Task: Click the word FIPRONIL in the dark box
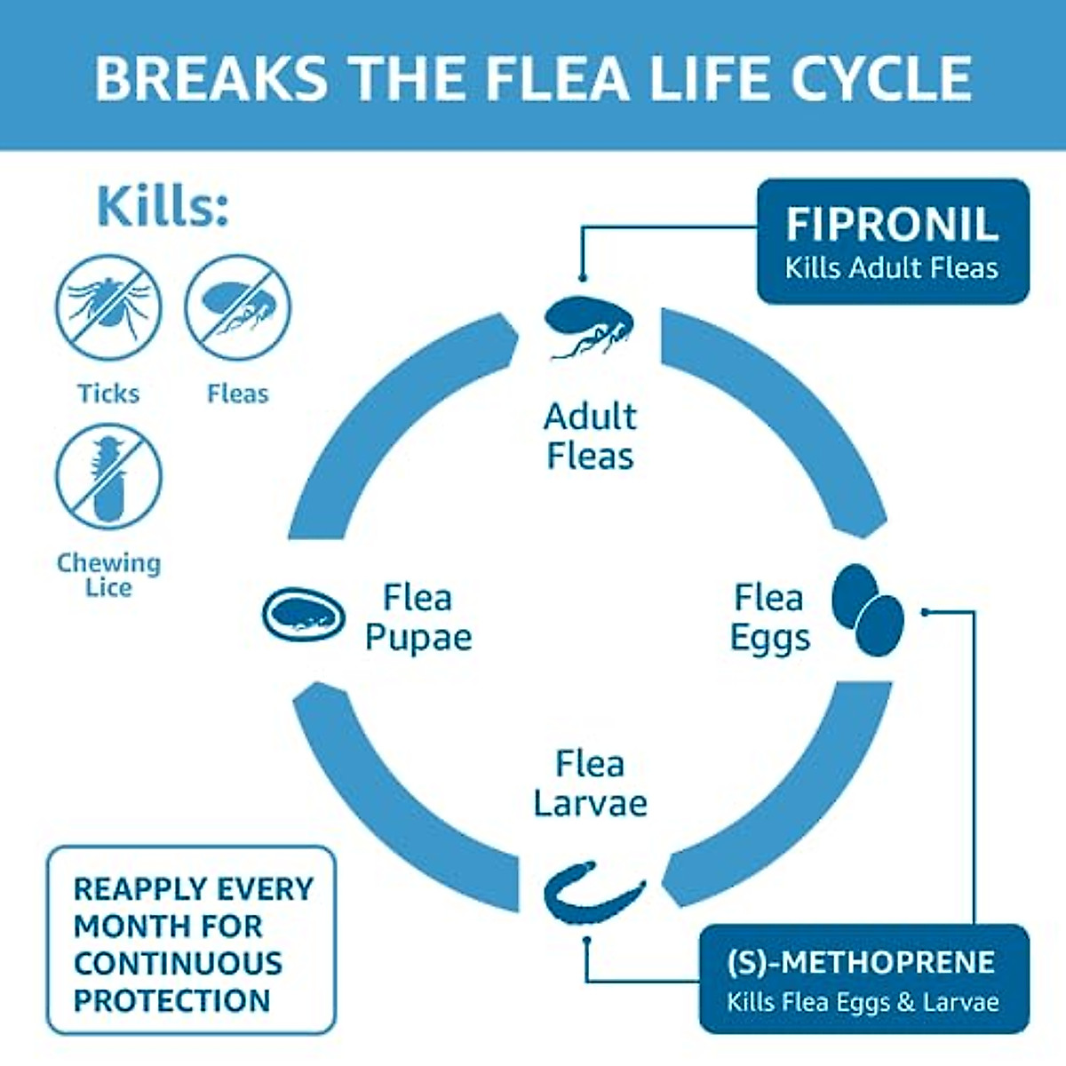891,224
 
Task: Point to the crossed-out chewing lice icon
108,477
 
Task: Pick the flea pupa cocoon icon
303,614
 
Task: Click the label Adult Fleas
590,436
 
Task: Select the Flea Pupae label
418,617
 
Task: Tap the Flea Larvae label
590,784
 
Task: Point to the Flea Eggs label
769,617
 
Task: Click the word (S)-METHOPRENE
860,963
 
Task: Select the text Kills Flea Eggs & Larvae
863,1003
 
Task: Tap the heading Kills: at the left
163,206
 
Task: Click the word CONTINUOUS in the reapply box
178,963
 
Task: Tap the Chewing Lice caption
108,575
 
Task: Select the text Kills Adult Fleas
891,268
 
